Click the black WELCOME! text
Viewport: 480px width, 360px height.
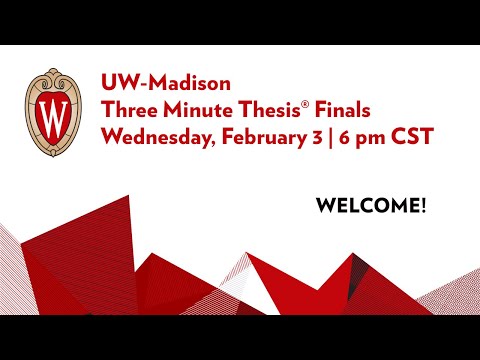(x=371, y=207)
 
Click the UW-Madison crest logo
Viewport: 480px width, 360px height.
(x=53, y=112)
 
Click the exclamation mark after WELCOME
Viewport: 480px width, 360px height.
(x=423, y=207)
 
